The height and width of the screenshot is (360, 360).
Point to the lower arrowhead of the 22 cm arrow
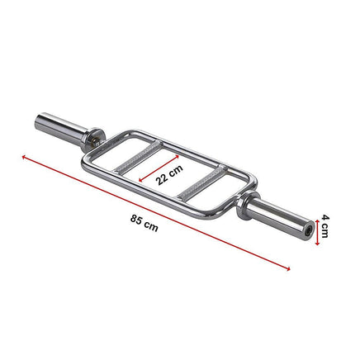pyautogui.click(x=140, y=181)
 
